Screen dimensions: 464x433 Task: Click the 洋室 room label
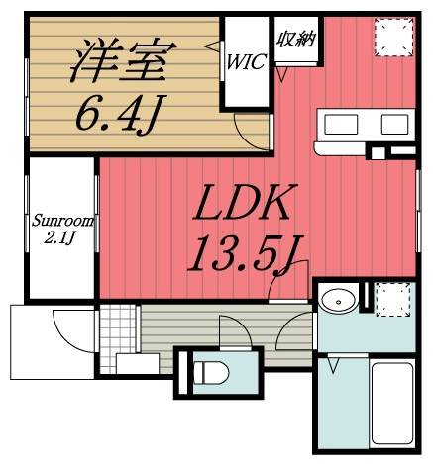118,61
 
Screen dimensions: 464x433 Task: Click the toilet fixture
211,373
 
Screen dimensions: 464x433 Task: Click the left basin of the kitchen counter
340,125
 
